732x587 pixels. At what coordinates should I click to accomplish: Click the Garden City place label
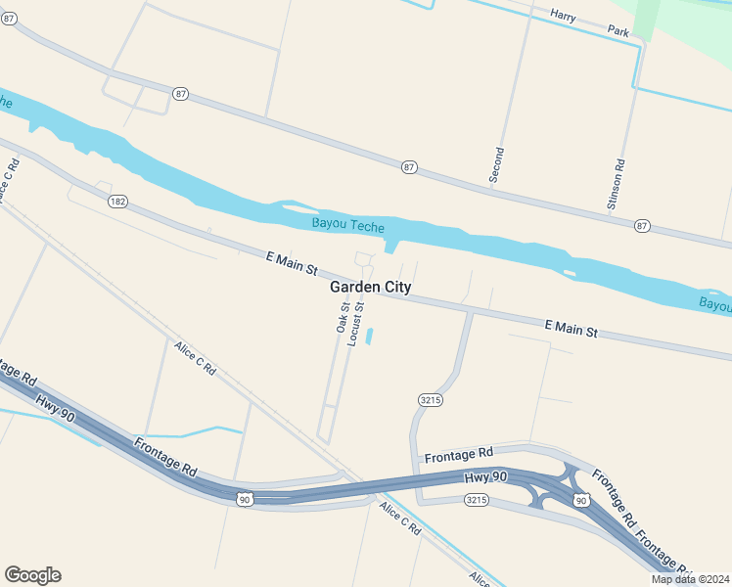click(370, 288)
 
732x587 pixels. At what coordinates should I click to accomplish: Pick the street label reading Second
click(498, 164)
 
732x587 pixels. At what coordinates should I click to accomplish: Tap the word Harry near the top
click(563, 15)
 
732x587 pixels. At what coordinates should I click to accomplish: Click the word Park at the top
click(618, 31)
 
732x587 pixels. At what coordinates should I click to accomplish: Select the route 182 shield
click(117, 202)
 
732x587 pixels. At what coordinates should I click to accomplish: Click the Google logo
click(32, 575)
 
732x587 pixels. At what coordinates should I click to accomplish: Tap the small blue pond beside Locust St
click(369, 337)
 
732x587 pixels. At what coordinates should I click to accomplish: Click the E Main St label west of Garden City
click(292, 262)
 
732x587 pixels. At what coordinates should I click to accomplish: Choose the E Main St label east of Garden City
click(571, 328)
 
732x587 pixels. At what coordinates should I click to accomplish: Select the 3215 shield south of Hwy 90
click(476, 500)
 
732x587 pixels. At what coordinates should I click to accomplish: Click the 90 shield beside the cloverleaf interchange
click(580, 501)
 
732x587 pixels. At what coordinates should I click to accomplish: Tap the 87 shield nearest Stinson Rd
click(641, 225)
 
